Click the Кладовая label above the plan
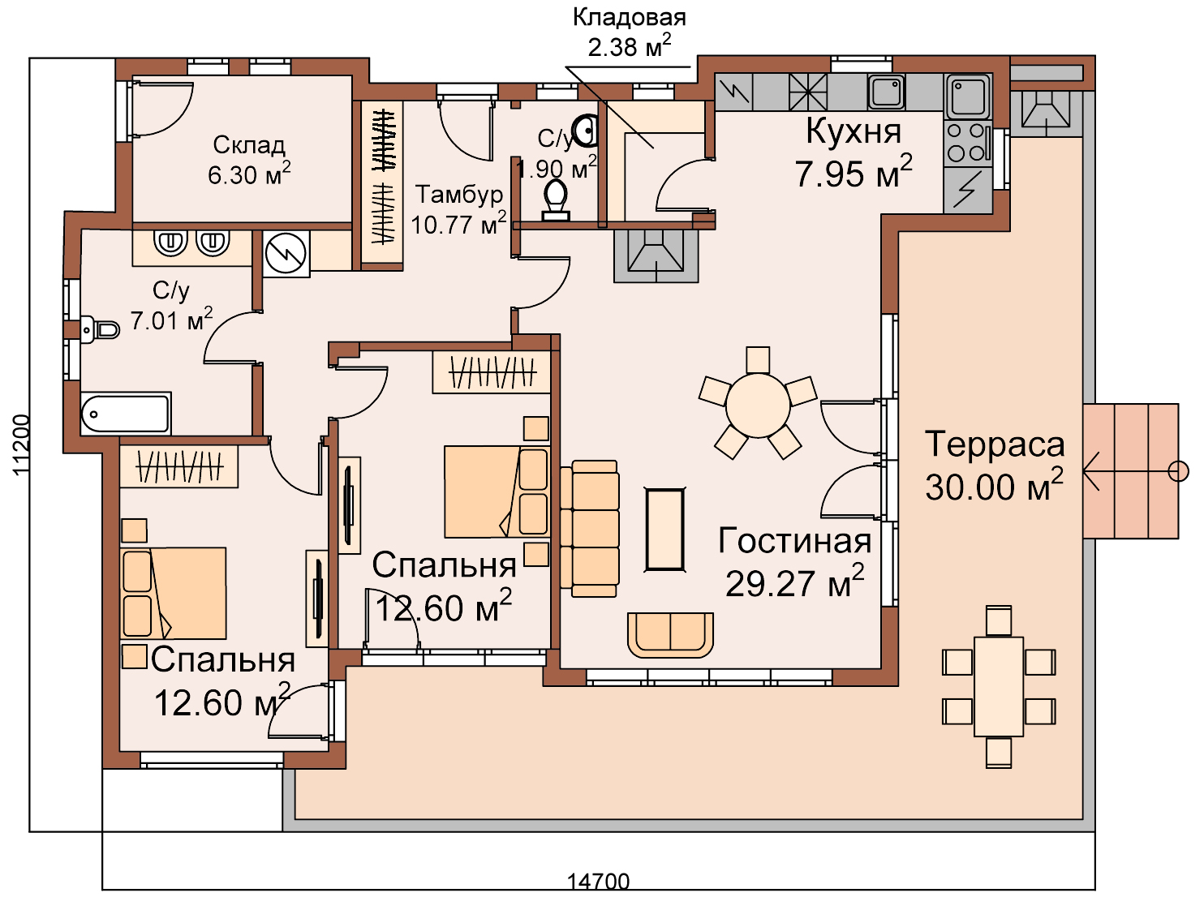(x=629, y=18)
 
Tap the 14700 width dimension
(x=598, y=882)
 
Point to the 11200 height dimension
(x=20, y=444)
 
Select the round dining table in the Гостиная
(x=758, y=406)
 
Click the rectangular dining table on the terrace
(x=998, y=686)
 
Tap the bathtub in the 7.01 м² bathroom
(x=126, y=414)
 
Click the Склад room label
(x=249, y=144)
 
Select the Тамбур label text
(x=458, y=194)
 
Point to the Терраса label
(x=995, y=444)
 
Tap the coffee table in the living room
(x=664, y=530)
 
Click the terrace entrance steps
(x=1130, y=471)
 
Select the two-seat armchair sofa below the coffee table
(x=670, y=635)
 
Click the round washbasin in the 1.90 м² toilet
(x=587, y=131)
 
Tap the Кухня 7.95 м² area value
(x=854, y=172)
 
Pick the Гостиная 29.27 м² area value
(x=795, y=582)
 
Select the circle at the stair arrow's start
(x=1178, y=471)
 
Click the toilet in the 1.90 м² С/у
(x=556, y=200)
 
